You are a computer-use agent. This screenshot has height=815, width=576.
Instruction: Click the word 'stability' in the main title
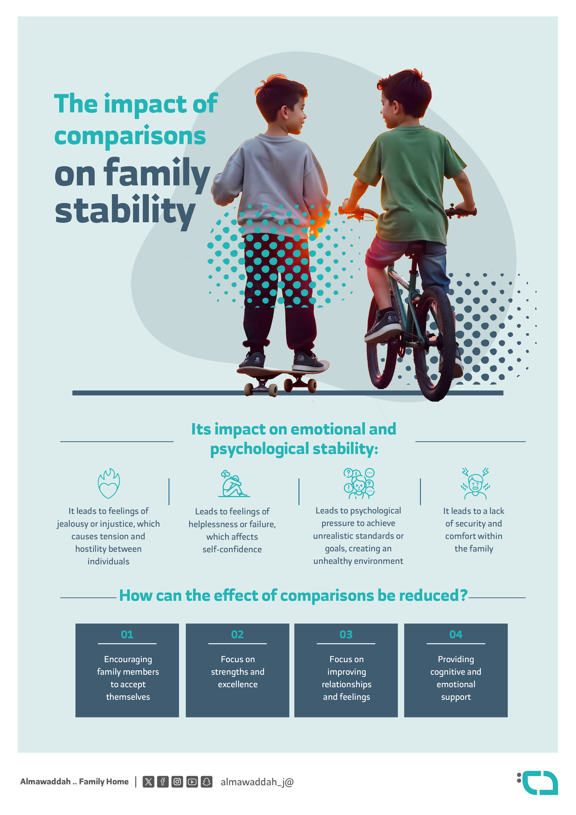point(125,211)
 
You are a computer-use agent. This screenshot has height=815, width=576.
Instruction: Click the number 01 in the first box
point(127,634)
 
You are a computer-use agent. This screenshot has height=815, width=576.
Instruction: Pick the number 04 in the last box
point(456,634)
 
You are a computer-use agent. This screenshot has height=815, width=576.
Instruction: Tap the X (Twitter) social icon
point(148,782)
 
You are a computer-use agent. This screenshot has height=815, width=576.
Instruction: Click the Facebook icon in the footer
point(163,782)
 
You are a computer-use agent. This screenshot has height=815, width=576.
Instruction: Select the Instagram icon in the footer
point(177,782)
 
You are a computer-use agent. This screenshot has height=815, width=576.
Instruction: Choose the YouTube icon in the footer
point(192,782)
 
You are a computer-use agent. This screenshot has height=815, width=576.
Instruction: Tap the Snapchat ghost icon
point(206,782)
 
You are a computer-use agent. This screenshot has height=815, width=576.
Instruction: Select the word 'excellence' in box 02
point(238,684)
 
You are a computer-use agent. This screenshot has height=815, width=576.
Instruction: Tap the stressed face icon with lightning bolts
point(475,483)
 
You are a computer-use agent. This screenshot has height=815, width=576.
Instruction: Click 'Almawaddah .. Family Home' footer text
point(75,782)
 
